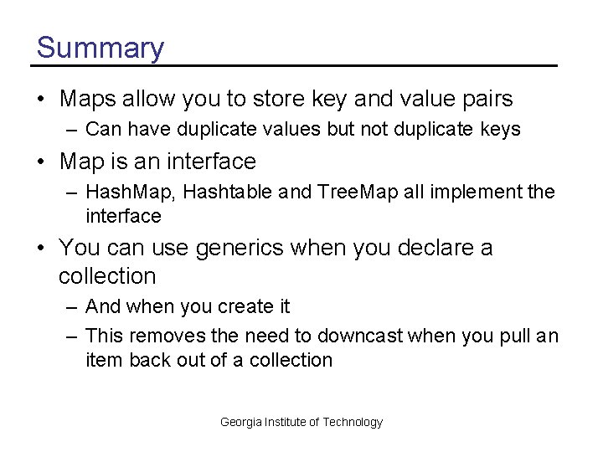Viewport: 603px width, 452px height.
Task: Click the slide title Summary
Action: point(100,48)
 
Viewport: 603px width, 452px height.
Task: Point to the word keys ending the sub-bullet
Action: point(500,130)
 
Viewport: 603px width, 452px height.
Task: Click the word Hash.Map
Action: point(130,193)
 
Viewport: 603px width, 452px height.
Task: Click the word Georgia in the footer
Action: point(240,422)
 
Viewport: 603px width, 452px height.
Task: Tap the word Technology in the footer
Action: point(353,422)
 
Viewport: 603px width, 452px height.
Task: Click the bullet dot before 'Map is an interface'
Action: point(41,161)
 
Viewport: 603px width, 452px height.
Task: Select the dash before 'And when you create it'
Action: point(72,307)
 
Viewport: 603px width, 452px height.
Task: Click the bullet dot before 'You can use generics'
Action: point(41,249)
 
